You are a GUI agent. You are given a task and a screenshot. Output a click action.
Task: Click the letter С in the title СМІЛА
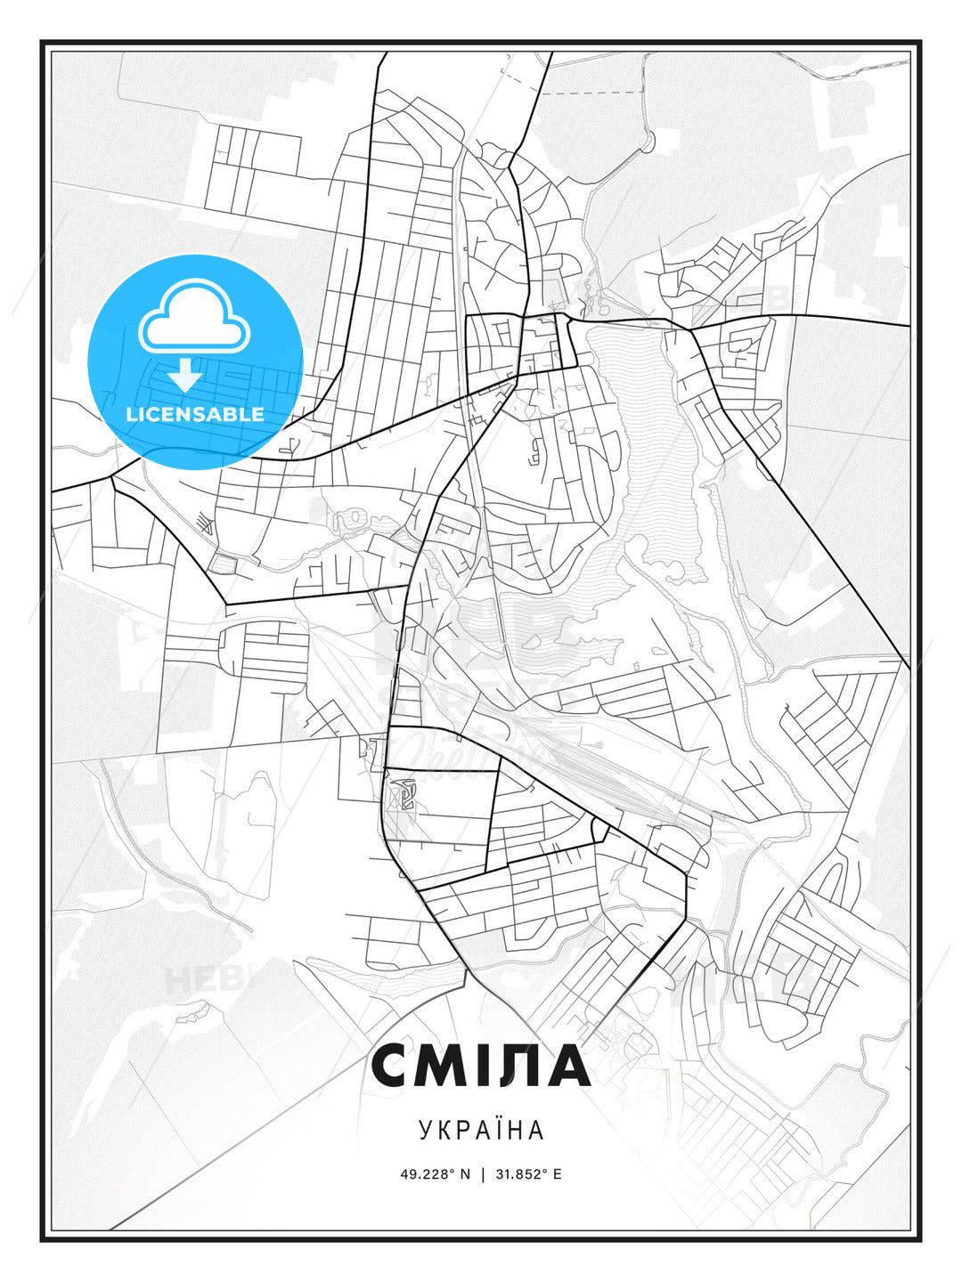[395, 1066]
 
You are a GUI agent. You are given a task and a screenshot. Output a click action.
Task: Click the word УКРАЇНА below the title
[481, 1130]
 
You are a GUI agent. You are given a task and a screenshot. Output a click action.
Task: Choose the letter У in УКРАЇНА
[425, 1130]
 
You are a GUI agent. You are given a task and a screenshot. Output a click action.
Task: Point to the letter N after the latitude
[464, 1174]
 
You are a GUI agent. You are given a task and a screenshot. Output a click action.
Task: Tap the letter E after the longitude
[558, 1174]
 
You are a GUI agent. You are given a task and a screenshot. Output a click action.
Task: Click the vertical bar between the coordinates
[483, 1174]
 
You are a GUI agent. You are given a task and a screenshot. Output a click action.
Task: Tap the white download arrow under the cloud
[185, 375]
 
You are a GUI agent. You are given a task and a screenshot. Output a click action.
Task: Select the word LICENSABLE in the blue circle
[195, 414]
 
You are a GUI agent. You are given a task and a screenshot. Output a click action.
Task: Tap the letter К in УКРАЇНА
[443, 1130]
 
